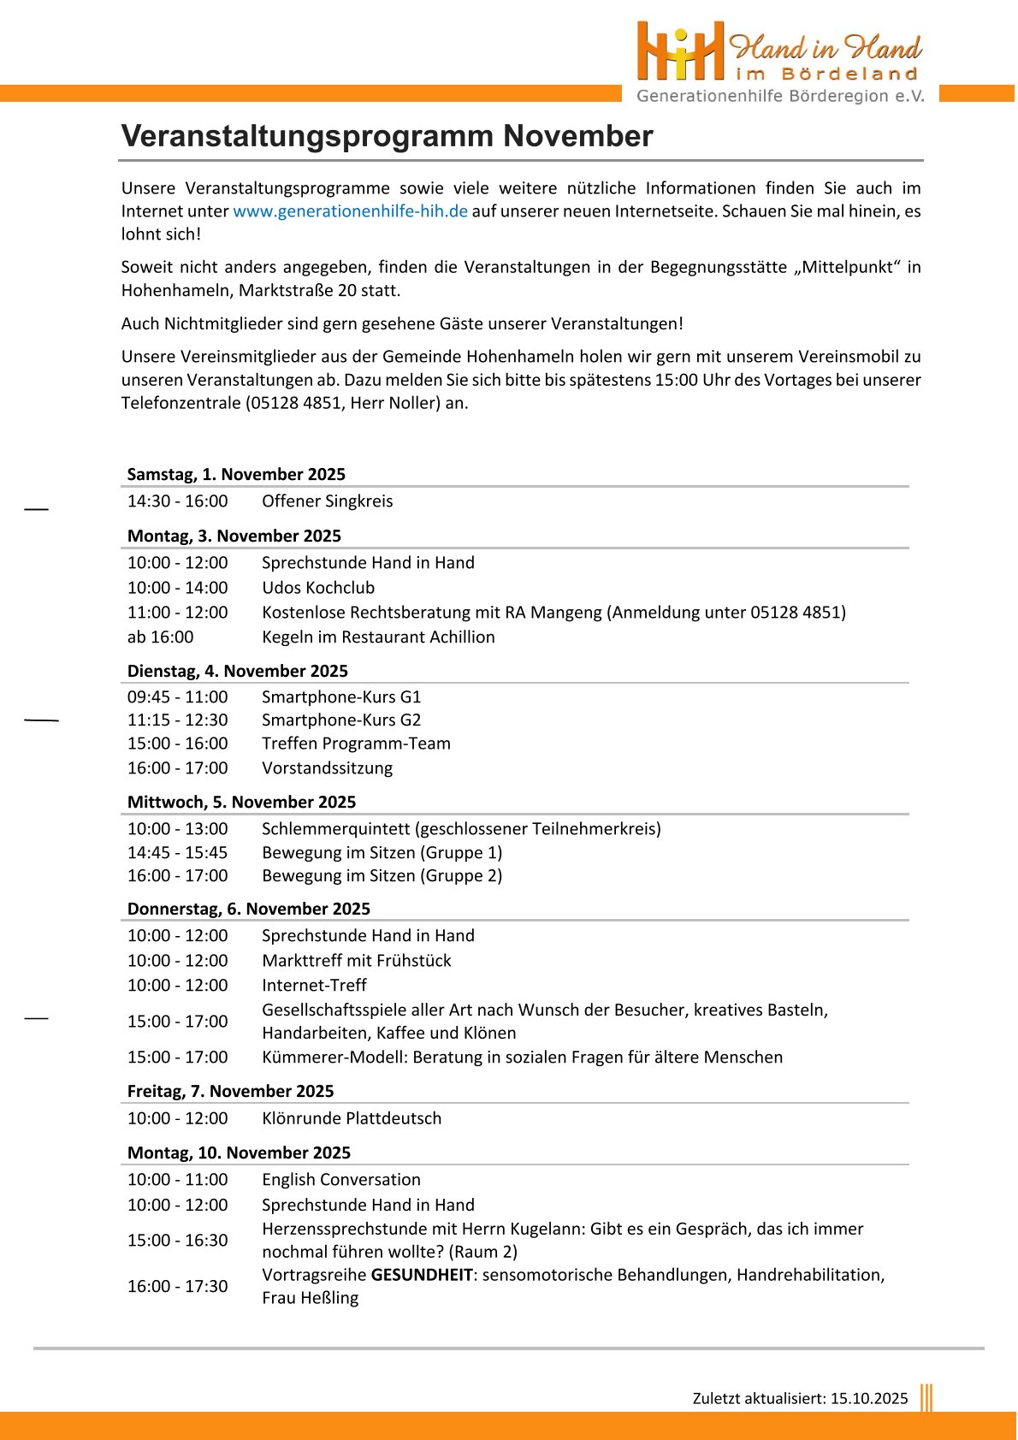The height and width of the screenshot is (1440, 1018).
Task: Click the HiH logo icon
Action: (x=681, y=51)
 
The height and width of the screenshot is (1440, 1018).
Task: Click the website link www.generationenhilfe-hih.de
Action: (x=350, y=211)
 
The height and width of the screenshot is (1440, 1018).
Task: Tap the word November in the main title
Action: (x=577, y=136)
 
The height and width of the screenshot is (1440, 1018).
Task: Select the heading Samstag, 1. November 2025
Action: (x=236, y=474)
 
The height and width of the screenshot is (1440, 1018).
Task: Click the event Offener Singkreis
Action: (x=327, y=501)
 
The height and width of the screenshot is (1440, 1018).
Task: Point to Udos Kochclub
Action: (x=318, y=588)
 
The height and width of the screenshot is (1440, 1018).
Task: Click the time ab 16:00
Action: (x=161, y=637)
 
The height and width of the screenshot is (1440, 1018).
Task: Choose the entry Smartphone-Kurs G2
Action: (x=341, y=720)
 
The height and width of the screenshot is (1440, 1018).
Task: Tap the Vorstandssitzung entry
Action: (x=327, y=768)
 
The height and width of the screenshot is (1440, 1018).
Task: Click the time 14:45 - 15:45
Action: (x=178, y=853)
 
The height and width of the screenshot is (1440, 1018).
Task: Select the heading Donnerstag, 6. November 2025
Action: (x=249, y=909)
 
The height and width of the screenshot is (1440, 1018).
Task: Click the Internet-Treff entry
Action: (x=314, y=986)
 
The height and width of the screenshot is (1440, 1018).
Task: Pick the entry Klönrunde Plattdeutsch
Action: (x=352, y=1118)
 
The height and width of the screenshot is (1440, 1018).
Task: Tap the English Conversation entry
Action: (x=341, y=1180)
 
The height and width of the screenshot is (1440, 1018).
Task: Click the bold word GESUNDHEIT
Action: (x=422, y=1275)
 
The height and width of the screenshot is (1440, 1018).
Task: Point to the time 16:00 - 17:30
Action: (x=178, y=1287)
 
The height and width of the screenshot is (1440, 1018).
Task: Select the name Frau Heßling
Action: (x=311, y=1298)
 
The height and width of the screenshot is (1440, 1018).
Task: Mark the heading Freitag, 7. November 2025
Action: (x=231, y=1091)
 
